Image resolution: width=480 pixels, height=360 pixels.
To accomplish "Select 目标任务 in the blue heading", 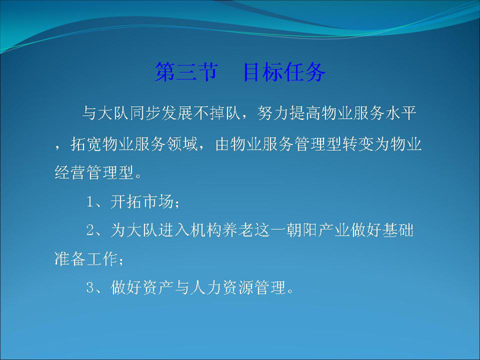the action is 284,72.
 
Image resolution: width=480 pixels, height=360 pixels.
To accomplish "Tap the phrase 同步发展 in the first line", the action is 161,113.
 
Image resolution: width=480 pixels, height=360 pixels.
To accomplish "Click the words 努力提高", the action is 289,113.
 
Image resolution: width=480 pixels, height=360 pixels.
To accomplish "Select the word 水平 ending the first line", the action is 400,113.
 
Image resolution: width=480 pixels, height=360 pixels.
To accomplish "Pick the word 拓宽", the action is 86,144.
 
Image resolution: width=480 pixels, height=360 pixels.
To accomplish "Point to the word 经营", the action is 70,172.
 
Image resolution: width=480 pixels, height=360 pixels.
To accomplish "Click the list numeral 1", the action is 90,202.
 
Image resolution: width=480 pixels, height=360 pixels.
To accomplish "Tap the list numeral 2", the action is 90,230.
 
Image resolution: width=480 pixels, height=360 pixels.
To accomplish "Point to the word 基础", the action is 398,230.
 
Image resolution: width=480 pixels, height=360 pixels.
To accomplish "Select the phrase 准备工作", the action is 86,259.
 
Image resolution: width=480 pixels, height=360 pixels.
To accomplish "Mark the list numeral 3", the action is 90,288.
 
